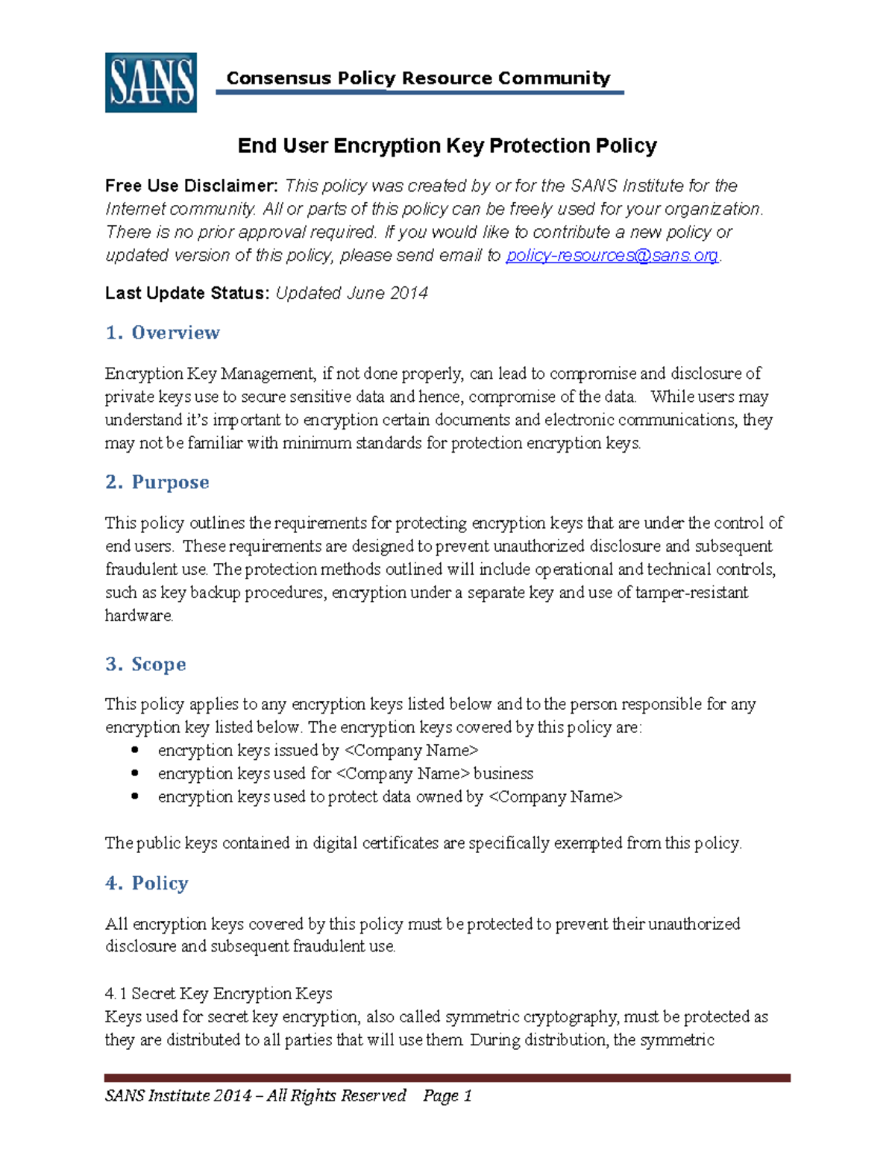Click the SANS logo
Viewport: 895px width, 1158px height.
click(151, 83)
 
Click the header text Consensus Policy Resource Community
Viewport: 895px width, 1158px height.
click(418, 78)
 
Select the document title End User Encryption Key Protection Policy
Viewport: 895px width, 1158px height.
click(447, 145)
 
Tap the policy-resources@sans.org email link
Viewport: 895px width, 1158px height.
click(612, 256)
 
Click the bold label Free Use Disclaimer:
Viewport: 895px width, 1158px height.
click(192, 186)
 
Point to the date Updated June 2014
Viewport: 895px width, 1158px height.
click(352, 293)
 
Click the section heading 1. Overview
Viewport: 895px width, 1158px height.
click(163, 333)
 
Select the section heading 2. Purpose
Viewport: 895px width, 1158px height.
click(157, 482)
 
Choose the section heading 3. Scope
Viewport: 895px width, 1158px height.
click(146, 664)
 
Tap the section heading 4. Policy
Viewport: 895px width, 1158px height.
click(147, 884)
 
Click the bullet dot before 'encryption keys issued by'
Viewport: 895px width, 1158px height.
click(135, 750)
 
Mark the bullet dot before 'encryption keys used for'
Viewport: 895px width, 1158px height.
click(135, 773)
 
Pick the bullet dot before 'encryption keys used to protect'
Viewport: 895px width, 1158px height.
click(135, 796)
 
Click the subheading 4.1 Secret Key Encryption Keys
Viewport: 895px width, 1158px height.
click(219, 993)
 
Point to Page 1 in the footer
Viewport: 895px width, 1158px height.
click(447, 1095)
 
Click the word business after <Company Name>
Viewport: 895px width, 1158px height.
click(503, 773)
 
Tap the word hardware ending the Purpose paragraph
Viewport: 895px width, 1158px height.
click(139, 616)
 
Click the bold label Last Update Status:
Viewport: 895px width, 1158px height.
click(187, 293)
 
